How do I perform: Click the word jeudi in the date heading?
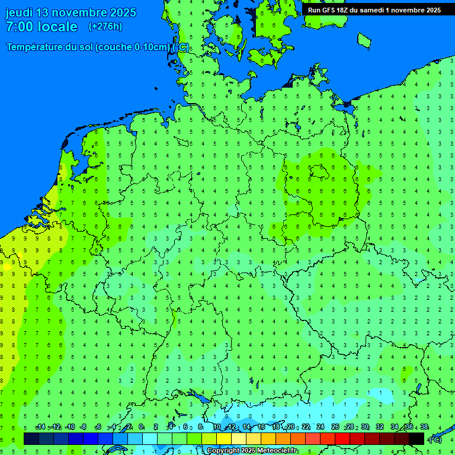[19, 12]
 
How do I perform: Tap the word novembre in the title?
[85, 12]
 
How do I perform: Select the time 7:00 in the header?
[20, 27]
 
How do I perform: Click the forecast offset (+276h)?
[105, 27]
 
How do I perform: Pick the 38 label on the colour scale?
[424, 427]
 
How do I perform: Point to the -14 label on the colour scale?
[40, 427]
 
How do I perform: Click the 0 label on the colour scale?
[141, 427]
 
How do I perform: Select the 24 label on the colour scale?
[321, 427]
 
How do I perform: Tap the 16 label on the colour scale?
[261, 427]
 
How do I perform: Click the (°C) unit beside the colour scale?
[435, 439]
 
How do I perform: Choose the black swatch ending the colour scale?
[416, 438]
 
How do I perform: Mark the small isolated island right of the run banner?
[364, 40]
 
